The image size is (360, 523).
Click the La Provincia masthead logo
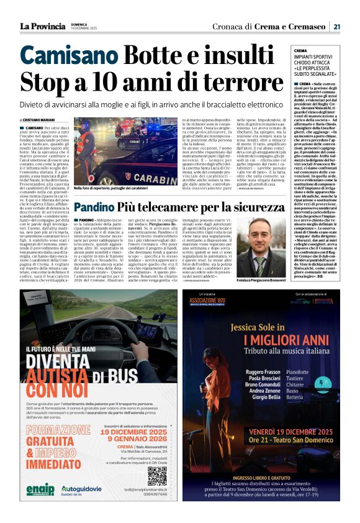pos(42,26)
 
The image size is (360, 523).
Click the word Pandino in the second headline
pos(96,207)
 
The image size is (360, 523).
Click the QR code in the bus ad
pos(157,476)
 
